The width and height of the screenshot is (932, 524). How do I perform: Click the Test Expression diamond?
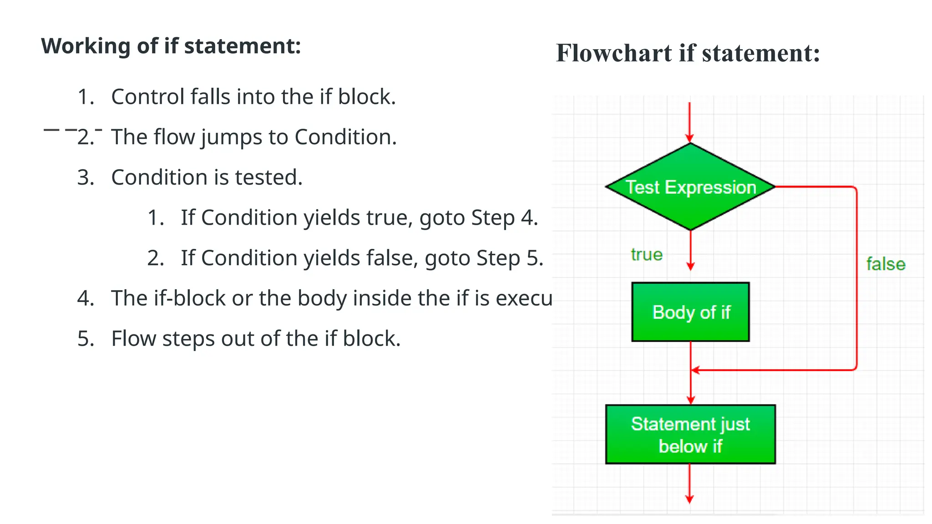[x=690, y=187]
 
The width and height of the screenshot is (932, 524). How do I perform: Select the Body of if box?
[x=690, y=312]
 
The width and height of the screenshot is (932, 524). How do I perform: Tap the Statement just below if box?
[x=690, y=434]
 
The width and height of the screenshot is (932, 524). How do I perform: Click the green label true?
[x=647, y=255]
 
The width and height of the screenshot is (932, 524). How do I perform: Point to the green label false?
[x=886, y=264]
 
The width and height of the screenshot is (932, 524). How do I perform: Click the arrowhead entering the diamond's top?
[x=690, y=138]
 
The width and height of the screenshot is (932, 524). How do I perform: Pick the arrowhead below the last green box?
[x=689, y=499]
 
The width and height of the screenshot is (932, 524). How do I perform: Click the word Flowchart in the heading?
[x=614, y=53]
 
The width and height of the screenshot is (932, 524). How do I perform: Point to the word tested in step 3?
[x=268, y=177]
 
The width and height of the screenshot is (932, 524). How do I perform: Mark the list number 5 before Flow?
[x=85, y=339]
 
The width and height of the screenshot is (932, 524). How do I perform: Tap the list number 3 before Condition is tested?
[x=85, y=177]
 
